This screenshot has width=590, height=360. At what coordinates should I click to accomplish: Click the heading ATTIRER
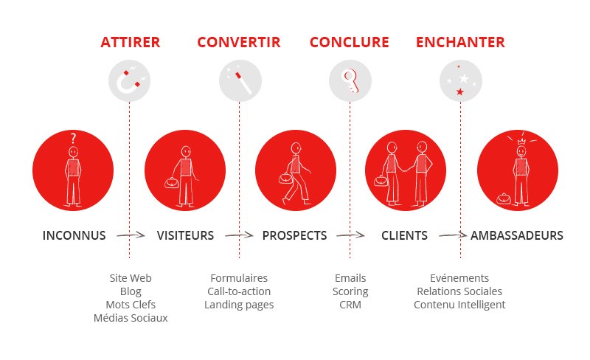point(131,42)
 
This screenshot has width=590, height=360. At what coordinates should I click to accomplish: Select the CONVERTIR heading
point(239,42)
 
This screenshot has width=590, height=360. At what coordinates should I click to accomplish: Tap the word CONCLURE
point(349,42)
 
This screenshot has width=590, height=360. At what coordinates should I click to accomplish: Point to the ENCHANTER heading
point(460,42)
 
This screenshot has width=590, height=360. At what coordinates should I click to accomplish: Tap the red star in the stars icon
point(459,91)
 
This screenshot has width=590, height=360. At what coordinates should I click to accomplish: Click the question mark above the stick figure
point(73,138)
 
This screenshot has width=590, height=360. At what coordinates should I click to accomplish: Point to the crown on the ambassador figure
point(521,142)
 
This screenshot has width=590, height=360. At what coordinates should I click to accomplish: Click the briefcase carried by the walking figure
point(285,178)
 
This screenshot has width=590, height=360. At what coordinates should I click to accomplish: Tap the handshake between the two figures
point(404,169)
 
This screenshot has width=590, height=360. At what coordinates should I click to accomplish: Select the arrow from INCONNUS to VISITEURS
point(131,235)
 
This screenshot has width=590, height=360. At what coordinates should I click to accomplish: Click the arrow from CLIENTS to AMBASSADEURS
point(453,235)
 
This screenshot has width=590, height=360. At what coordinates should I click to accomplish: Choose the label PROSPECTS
point(294,236)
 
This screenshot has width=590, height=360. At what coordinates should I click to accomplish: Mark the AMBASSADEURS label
point(517,236)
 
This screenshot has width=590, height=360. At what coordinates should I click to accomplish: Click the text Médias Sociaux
point(131,318)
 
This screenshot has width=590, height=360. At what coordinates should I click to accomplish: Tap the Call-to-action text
point(239,291)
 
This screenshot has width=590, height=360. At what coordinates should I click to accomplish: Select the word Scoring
point(350,292)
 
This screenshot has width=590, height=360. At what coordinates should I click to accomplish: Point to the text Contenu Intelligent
point(459,305)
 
